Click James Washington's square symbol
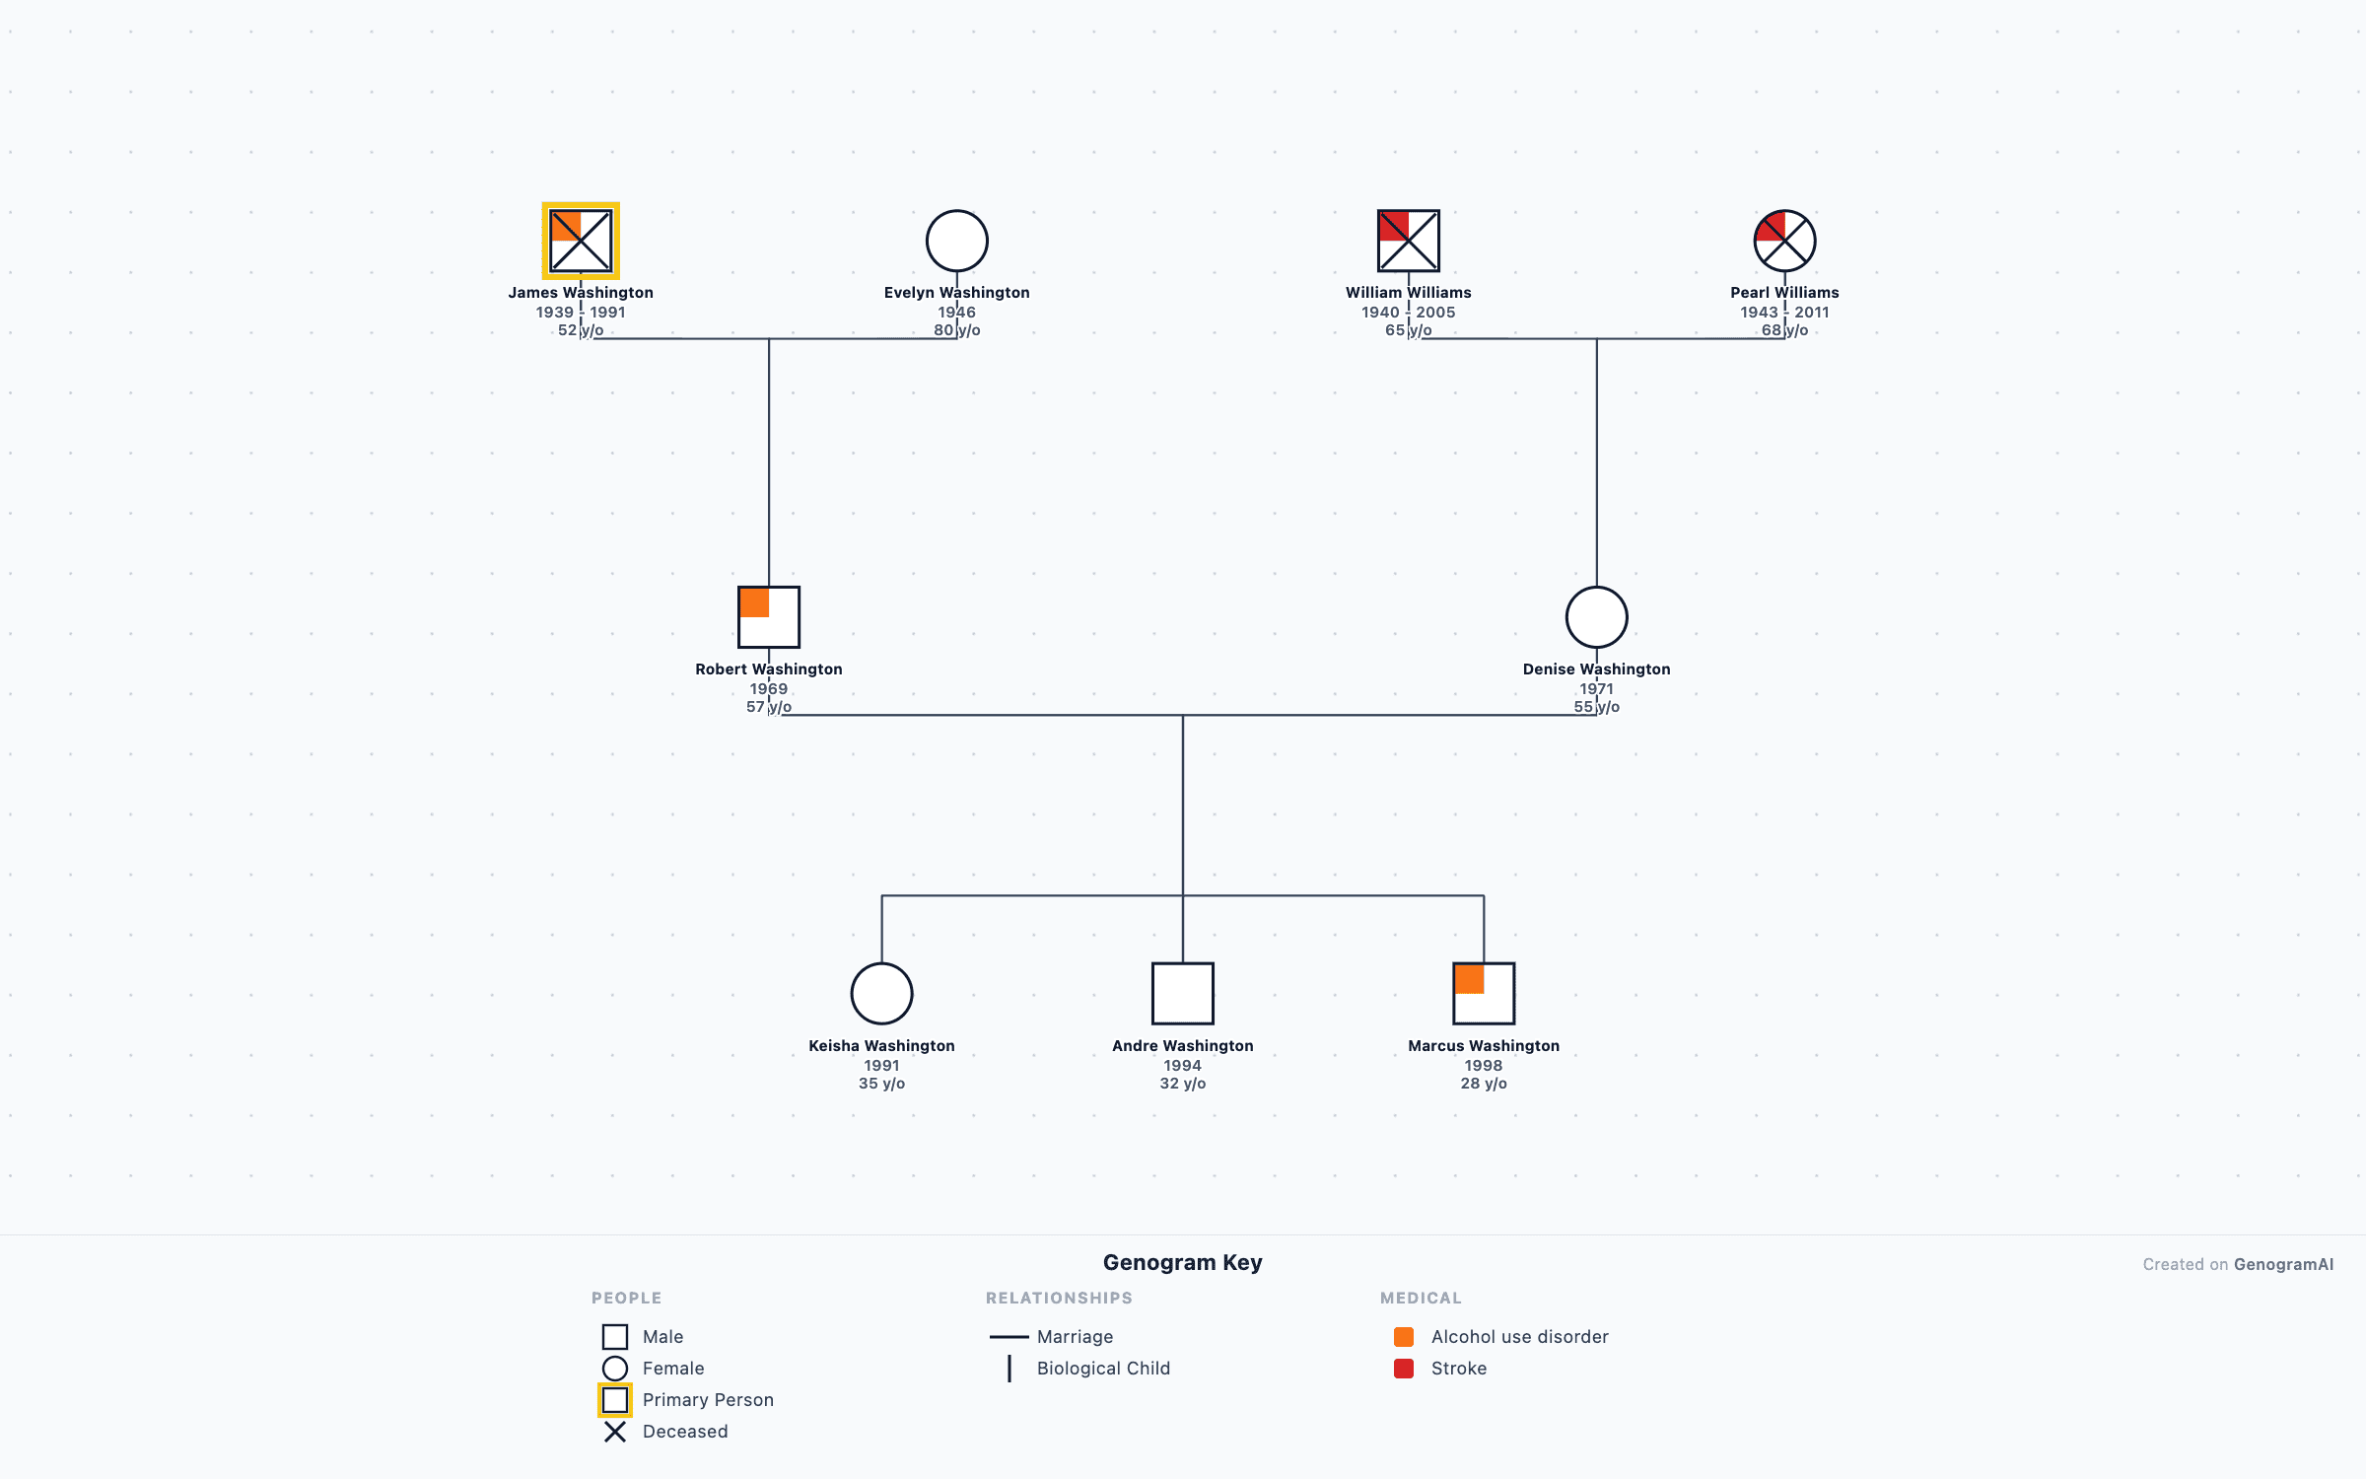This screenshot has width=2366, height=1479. pyautogui.click(x=581, y=241)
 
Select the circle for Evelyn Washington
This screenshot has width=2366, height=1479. pyautogui.click(x=956, y=241)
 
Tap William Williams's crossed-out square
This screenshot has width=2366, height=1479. pyautogui.click(x=1408, y=241)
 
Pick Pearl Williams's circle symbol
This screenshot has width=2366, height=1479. pyautogui.click(x=1784, y=241)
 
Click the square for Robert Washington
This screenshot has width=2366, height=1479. pyautogui.click(x=769, y=617)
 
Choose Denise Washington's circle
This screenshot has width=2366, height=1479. pyautogui.click(x=1596, y=617)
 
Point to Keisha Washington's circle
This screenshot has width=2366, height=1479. pyautogui.click(x=881, y=994)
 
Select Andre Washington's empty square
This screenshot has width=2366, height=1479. pyautogui.click(x=1182, y=994)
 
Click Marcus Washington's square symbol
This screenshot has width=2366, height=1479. pyautogui.click(x=1484, y=994)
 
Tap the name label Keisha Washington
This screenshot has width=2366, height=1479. pyautogui.click(x=881, y=1046)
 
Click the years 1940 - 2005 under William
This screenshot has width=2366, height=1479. pyautogui.click(x=1408, y=313)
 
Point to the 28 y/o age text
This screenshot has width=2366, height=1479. pyautogui.click(x=1484, y=1084)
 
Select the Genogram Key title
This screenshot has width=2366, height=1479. pyautogui.click(x=1182, y=1263)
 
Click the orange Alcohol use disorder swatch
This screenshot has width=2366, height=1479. pyautogui.click(x=1404, y=1337)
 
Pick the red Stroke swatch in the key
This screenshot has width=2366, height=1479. pyautogui.click(x=1404, y=1369)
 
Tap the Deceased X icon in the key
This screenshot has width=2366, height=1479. pyautogui.click(x=615, y=1432)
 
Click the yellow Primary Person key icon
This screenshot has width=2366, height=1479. pyautogui.click(x=615, y=1400)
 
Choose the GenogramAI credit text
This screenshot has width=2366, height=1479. pyautogui.click(x=2238, y=1265)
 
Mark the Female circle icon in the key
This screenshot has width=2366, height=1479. pyautogui.click(x=615, y=1369)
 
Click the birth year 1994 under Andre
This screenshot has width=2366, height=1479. pyautogui.click(x=1182, y=1066)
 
